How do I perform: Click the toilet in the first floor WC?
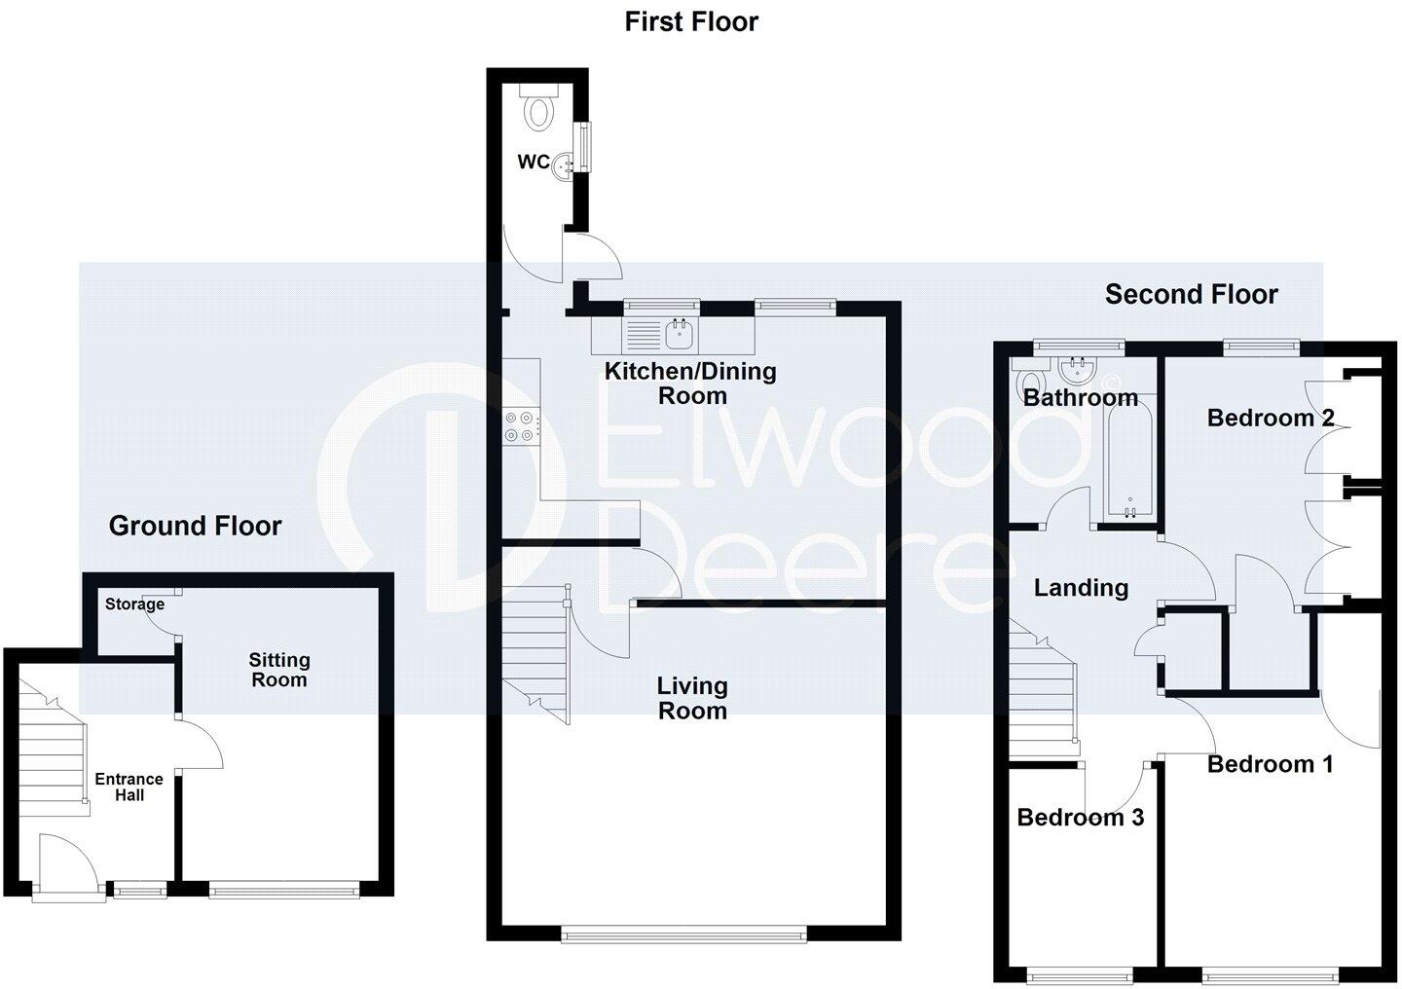pos(537,110)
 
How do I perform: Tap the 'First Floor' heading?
pos(691,21)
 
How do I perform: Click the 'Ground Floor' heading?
pos(195,527)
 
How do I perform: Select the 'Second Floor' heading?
pos(1191,294)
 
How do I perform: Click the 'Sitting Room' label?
pos(279,670)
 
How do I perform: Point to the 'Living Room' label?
pos(691,698)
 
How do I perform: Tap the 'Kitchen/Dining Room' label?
pos(691,383)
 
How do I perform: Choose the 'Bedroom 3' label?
pos(1080,817)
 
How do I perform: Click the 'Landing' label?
pos(1081,588)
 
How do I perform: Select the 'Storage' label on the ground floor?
pos(134,604)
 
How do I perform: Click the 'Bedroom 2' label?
pos(1270,419)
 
